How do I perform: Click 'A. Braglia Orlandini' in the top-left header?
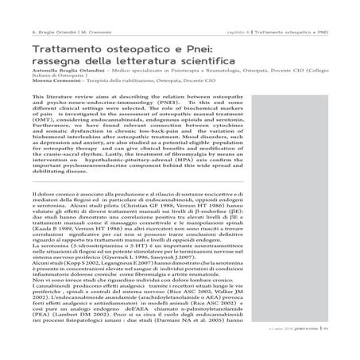tap(52, 33)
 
